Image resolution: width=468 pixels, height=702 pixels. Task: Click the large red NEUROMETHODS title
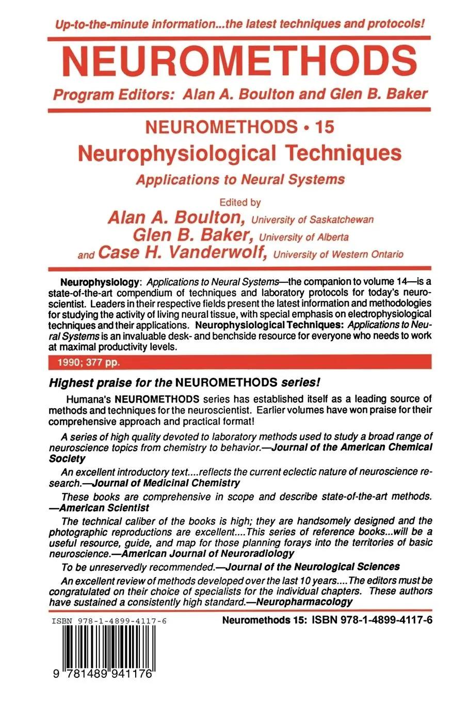tap(239, 61)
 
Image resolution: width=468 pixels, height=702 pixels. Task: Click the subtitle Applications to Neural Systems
tap(239, 180)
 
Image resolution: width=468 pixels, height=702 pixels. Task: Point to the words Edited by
tap(240, 202)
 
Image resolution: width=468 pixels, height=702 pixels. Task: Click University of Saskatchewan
tap(312, 220)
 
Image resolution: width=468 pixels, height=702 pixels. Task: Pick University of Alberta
tap(303, 237)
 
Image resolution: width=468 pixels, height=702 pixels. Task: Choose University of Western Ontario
tap(338, 254)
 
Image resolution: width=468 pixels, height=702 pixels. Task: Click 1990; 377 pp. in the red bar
tap(90, 362)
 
